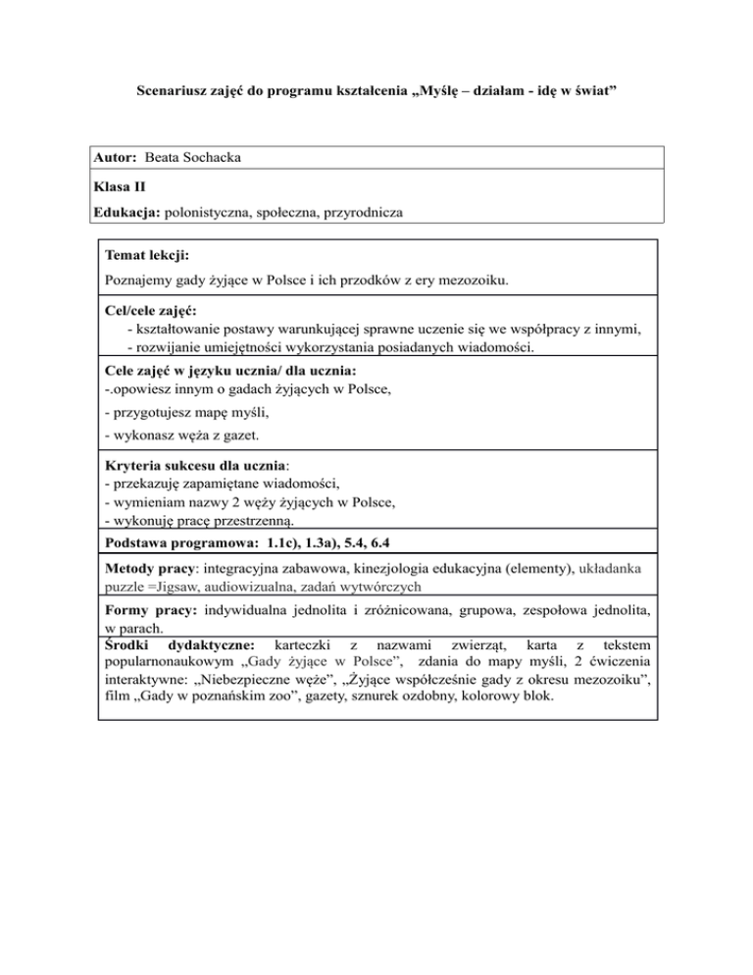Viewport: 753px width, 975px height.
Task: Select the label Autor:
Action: pyautogui.click(x=117, y=157)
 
